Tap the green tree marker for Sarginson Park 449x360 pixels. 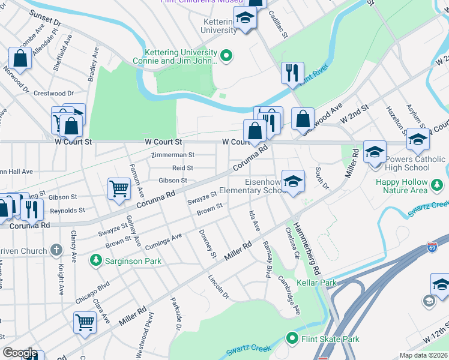(95, 260)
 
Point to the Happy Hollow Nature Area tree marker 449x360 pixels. (438, 190)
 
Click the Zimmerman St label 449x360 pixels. (173, 155)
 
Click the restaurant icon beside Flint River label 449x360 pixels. (292, 73)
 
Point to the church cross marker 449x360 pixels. (56, 249)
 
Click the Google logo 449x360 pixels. (20, 353)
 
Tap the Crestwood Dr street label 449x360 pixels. (53, 94)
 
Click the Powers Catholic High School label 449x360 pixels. (412, 163)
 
